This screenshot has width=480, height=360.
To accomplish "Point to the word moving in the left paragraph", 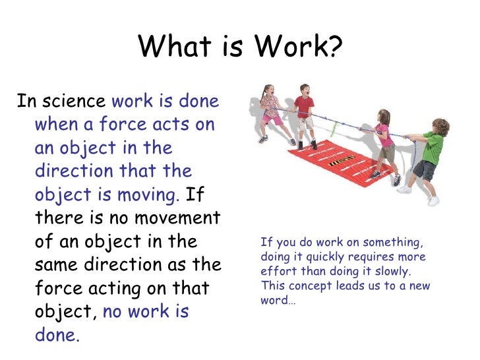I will [x=152, y=195].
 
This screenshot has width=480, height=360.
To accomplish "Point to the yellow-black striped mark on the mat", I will [x=343, y=158].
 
